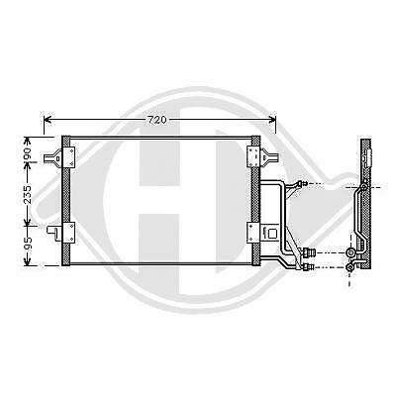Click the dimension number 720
[x=159, y=120]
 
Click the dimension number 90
[x=29, y=155]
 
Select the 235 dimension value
[x=29, y=199]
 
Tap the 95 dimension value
[x=29, y=245]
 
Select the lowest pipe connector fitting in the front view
[x=309, y=264]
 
